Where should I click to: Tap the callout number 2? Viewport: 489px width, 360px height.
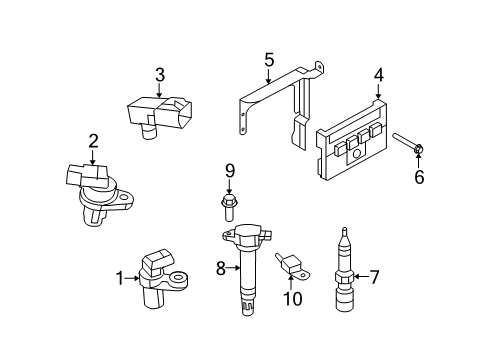92,141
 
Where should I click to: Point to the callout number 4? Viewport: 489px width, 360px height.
378,73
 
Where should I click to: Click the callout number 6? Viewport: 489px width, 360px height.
419,178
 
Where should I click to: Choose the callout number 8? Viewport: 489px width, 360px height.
221,267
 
